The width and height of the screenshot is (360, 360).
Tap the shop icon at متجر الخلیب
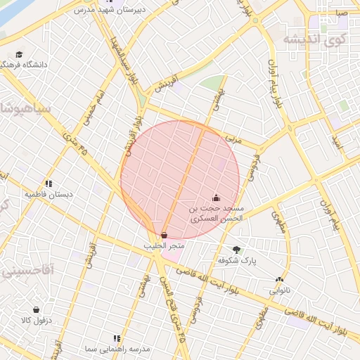[x=164, y=235]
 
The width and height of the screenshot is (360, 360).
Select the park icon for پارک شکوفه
[x=236, y=250]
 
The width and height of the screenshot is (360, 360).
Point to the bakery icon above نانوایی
[x=279, y=280]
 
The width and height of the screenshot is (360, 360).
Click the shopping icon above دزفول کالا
[x=36, y=309]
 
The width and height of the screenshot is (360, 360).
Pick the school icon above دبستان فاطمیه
[x=49, y=184]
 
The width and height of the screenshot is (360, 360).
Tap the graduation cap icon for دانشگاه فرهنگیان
[x=19, y=54]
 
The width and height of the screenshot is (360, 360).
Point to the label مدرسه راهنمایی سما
[x=109, y=349]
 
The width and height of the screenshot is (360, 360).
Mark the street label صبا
[x=342, y=13]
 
